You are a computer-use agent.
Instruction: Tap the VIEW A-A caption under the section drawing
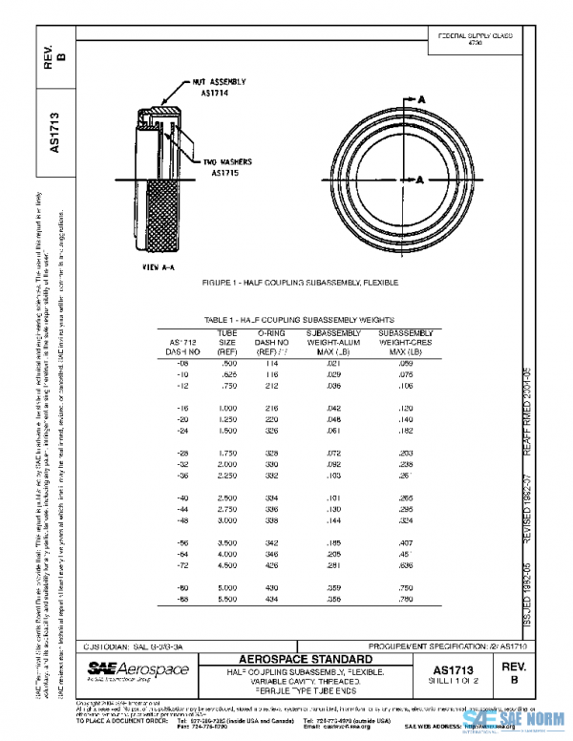click(157, 267)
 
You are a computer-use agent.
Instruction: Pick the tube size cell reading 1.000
click(228, 407)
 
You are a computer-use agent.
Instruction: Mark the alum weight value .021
click(331, 364)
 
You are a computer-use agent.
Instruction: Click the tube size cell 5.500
click(228, 600)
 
